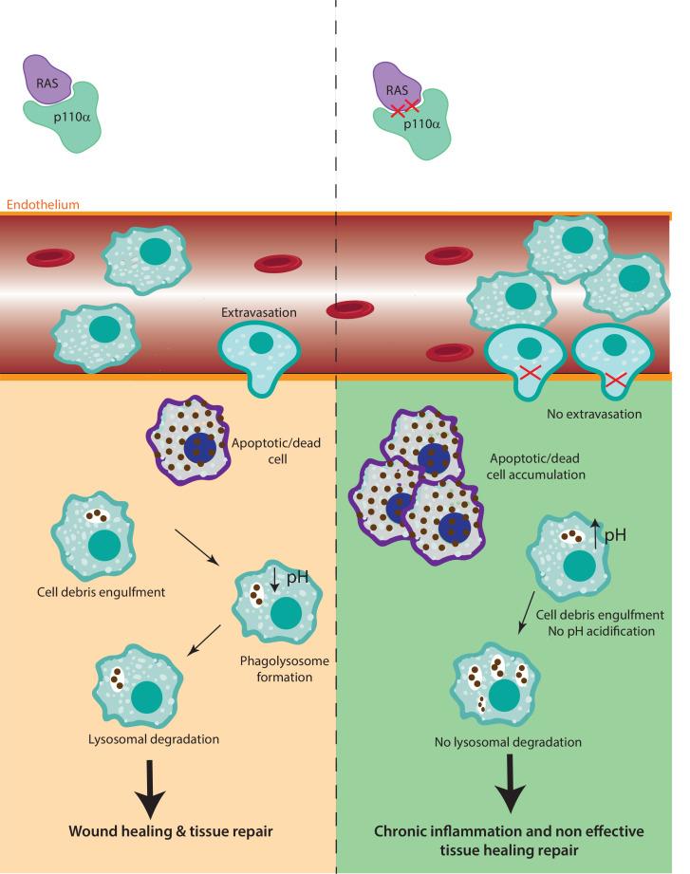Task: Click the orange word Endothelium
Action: pyautogui.click(x=43, y=204)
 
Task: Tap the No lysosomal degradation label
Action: pyautogui.click(x=514, y=740)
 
